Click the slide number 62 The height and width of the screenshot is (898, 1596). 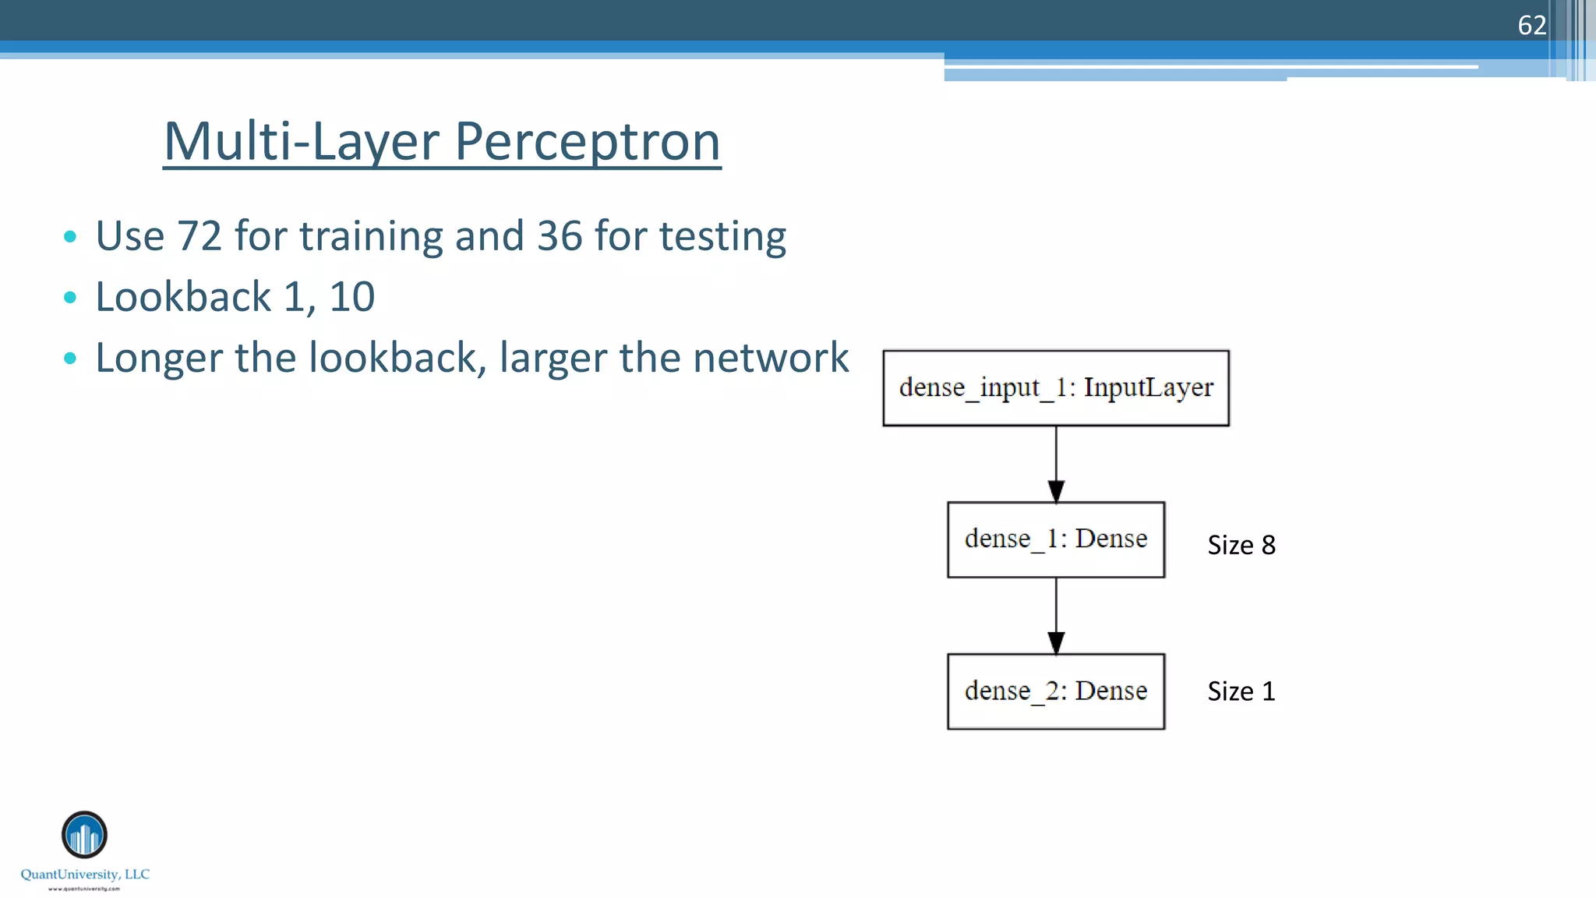point(1531,26)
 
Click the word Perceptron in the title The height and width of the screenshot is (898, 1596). point(588,143)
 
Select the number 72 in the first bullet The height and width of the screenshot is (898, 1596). point(199,236)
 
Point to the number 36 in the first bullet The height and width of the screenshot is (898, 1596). point(560,236)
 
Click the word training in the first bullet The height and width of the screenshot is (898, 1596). point(373,238)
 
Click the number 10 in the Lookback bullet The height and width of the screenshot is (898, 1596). point(352,297)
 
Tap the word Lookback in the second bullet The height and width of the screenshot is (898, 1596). point(183,297)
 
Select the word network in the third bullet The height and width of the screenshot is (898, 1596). point(770,359)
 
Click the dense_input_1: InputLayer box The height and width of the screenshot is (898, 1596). point(1056,388)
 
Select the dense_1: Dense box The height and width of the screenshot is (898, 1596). point(1056,539)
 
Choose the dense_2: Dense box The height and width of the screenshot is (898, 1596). point(1056,691)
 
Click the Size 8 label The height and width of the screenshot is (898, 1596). point(1241,545)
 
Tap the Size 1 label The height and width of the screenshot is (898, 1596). point(1241,691)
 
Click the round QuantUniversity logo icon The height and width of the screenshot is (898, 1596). point(84,835)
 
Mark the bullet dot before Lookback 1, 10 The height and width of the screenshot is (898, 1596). point(70,297)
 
